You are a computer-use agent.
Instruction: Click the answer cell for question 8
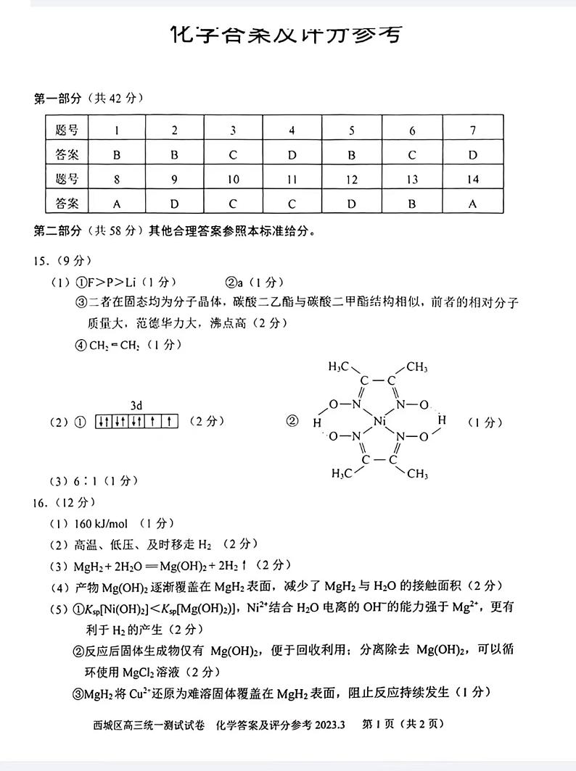(x=116, y=204)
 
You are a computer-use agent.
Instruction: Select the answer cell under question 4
(x=292, y=154)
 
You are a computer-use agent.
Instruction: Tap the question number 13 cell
(x=411, y=180)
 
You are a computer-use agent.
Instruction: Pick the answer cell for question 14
(x=472, y=204)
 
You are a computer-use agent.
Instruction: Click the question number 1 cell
(x=116, y=130)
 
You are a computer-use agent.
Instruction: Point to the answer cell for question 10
(x=233, y=204)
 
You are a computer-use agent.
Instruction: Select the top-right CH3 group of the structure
(x=416, y=367)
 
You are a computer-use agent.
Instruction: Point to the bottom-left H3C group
(x=342, y=474)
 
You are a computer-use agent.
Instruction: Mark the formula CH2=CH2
(x=114, y=346)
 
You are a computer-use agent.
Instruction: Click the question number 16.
(x=43, y=502)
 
